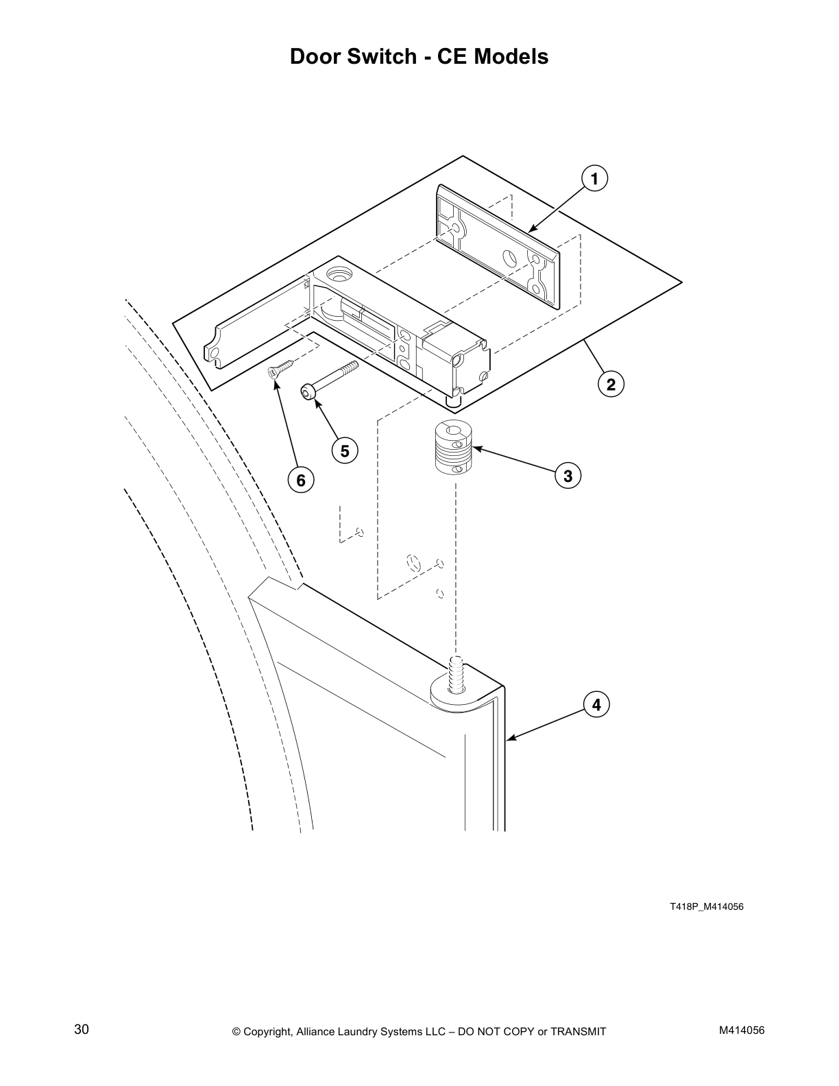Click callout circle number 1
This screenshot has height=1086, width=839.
(594, 179)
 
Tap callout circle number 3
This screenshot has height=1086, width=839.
(568, 474)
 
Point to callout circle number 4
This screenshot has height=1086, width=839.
(596, 704)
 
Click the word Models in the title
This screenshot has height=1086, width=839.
(512, 56)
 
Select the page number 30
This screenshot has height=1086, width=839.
(82, 1029)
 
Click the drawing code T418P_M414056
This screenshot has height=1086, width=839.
(706, 907)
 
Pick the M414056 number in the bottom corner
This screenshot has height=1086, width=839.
(742, 1030)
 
